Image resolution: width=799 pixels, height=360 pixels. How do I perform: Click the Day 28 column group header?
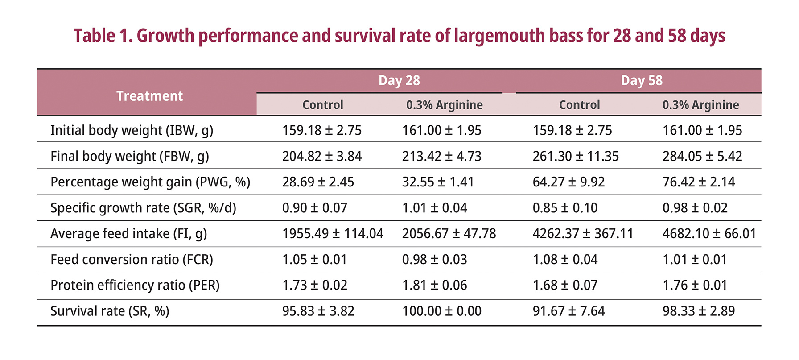[x=399, y=80]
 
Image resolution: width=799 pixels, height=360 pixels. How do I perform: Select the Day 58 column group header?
[x=641, y=80]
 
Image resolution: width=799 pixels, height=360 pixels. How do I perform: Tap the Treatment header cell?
[x=149, y=96]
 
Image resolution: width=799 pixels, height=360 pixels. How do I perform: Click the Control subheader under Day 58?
[x=579, y=105]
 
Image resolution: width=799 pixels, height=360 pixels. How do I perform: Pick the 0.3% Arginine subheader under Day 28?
[x=444, y=105]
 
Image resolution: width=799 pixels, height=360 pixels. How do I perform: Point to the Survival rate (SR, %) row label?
[x=110, y=311]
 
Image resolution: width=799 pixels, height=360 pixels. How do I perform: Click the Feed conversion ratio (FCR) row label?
[x=132, y=259]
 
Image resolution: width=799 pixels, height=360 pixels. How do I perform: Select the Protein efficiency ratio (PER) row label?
[x=135, y=285]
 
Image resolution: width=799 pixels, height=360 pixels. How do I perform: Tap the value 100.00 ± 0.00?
[x=441, y=311]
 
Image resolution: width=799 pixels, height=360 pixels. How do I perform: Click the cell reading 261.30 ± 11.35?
[x=575, y=156]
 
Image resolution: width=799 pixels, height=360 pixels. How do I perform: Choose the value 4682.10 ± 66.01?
[x=709, y=233]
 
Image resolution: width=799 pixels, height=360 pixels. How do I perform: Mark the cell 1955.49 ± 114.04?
[x=333, y=233]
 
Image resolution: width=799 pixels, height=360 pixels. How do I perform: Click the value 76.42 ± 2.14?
[x=698, y=182]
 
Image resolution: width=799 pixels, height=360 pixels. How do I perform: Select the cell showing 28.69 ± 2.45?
[x=318, y=182]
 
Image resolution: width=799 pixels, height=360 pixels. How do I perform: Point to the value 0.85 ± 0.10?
[x=565, y=208]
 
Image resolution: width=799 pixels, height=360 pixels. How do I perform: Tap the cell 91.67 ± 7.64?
[x=568, y=311]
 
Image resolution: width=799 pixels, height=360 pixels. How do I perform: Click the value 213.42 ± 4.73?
[x=441, y=156]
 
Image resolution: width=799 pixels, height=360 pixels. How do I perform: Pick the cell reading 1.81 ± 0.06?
[x=434, y=285]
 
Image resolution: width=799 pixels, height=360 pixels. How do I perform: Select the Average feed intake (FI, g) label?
[x=128, y=233]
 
